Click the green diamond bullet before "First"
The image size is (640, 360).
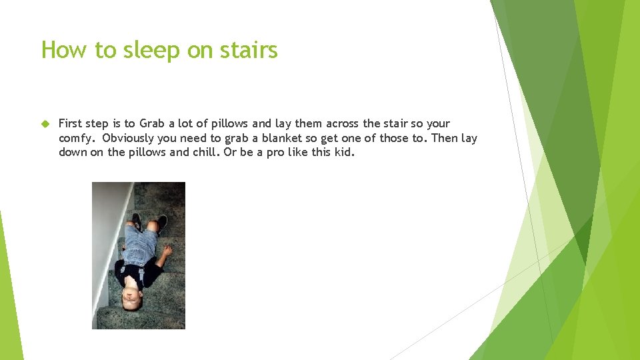tap(46, 123)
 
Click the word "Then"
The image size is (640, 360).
tap(446, 138)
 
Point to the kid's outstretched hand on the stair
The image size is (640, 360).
tap(167, 251)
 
